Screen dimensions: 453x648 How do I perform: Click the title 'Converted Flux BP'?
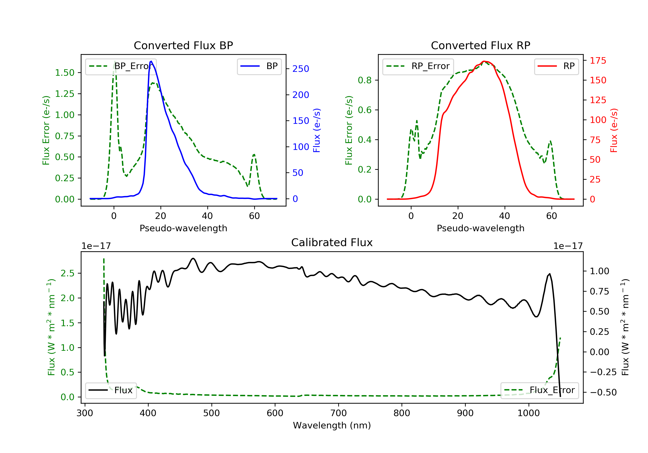pyautogui.click(x=183, y=45)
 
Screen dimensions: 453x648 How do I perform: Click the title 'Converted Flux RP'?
pyautogui.click(x=480, y=45)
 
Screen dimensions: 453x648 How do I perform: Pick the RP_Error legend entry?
pyautogui.click(x=418, y=66)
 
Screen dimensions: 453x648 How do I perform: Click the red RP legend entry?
pyautogui.click(x=556, y=66)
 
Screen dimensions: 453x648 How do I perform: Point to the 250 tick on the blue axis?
pyautogui.click(x=301, y=69)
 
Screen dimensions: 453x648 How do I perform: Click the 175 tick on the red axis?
pyautogui.click(x=598, y=61)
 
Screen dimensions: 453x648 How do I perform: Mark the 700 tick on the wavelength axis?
pyautogui.click(x=338, y=413)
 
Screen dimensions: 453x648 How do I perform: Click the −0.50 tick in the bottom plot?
pyautogui.click(x=603, y=392)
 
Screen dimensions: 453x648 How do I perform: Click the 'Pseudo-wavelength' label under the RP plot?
pyautogui.click(x=480, y=228)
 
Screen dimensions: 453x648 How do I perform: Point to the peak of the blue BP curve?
pyautogui.click(x=151, y=61)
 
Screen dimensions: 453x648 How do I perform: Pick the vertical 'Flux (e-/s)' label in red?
pyautogui.click(x=614, y=130)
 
